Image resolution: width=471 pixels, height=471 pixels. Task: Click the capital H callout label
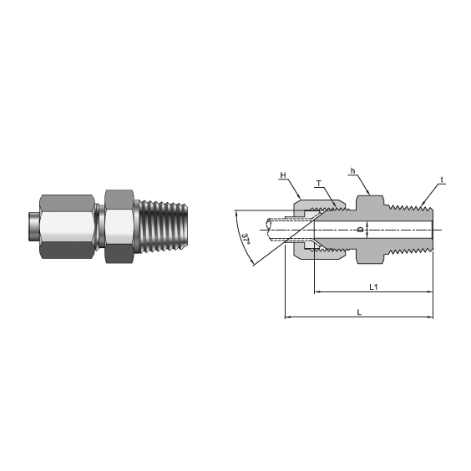[x=283, y=175]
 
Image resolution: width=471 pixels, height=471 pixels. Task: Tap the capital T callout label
[x=318, y=183]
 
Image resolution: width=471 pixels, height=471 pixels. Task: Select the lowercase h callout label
[x=353, y=172]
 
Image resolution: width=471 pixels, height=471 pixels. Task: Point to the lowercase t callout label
[x=442, y=180]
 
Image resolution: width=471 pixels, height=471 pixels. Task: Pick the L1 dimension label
[x=374, y=286]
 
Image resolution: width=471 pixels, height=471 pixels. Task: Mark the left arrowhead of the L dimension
[x=289, y=317]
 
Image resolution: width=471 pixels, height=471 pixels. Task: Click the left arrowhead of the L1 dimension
[x=317, y=292]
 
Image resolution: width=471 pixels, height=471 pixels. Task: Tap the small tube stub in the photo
[x=32, y=225]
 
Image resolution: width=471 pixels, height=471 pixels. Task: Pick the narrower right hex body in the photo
[x=117, y=225]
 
